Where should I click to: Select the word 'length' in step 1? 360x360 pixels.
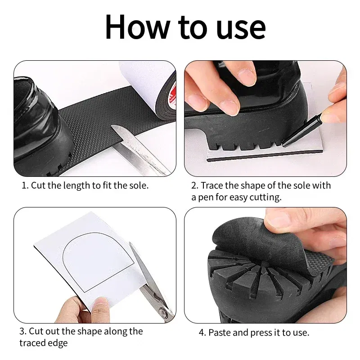pos(79,185)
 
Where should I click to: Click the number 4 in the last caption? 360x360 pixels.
pos(202,333)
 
